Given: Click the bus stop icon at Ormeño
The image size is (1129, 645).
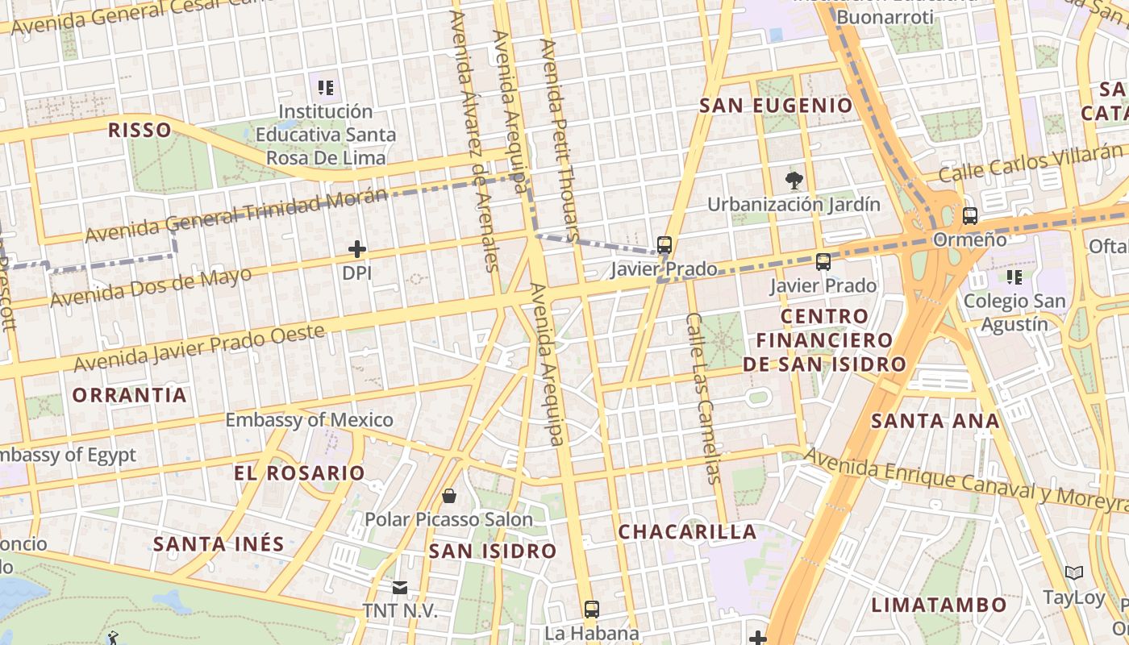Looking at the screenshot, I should tap(969, 216).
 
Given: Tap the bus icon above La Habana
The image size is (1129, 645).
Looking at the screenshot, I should tap(591, 609).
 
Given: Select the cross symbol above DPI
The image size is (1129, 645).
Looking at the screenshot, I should tap(356, 249).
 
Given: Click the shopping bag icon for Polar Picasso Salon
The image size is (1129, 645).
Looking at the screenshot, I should tap(448, 495).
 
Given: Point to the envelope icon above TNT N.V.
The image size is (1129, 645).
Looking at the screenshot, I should tap(400, 588).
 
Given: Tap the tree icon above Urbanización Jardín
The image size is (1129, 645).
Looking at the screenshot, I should tap(794, 180).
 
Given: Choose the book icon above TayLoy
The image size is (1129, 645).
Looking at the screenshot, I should tap(1073, 573).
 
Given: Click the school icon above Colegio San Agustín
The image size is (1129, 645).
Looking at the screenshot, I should tap(1014, 277).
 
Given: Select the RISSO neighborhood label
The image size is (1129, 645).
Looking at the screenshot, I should tap(140, 130).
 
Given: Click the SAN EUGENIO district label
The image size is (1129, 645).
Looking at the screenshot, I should tap(776, 106).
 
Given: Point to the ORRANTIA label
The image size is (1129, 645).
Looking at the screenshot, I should tap(130, 395).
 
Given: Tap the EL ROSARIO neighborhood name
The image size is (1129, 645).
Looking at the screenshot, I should tap(299, 473).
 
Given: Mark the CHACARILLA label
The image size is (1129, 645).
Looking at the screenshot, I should tap(687, 532).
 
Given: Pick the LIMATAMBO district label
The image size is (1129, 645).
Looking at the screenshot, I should tap(939, 605).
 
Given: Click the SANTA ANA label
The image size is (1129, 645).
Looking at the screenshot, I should tap(935, 420).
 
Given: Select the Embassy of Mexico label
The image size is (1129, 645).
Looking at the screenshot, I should tap(309, 420).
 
